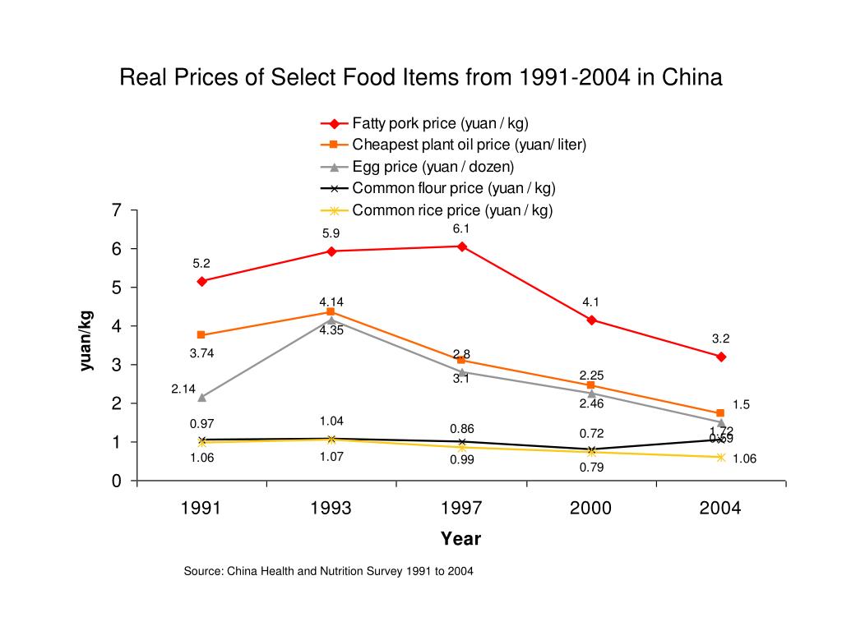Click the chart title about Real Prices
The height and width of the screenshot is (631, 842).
click(421, 78)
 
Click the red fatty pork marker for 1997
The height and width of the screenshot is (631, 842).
click(461, 246)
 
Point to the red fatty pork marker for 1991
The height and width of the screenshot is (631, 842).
click(201, 281)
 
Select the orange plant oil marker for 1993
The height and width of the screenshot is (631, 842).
click(331, 312)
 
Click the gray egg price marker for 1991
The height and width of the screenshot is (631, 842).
click(201, 397)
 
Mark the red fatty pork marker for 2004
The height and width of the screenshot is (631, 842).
click(721, 357)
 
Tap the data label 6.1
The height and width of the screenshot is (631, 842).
click(461, 228)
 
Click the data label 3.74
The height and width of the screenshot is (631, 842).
click(201, 353)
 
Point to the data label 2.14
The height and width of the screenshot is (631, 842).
click(183, 389)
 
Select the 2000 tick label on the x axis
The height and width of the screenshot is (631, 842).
click(591, 509)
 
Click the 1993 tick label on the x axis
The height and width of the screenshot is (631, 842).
click(331, 509)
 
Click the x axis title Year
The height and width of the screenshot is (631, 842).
click(460, 539)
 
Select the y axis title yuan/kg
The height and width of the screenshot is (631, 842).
click(86, 340)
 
